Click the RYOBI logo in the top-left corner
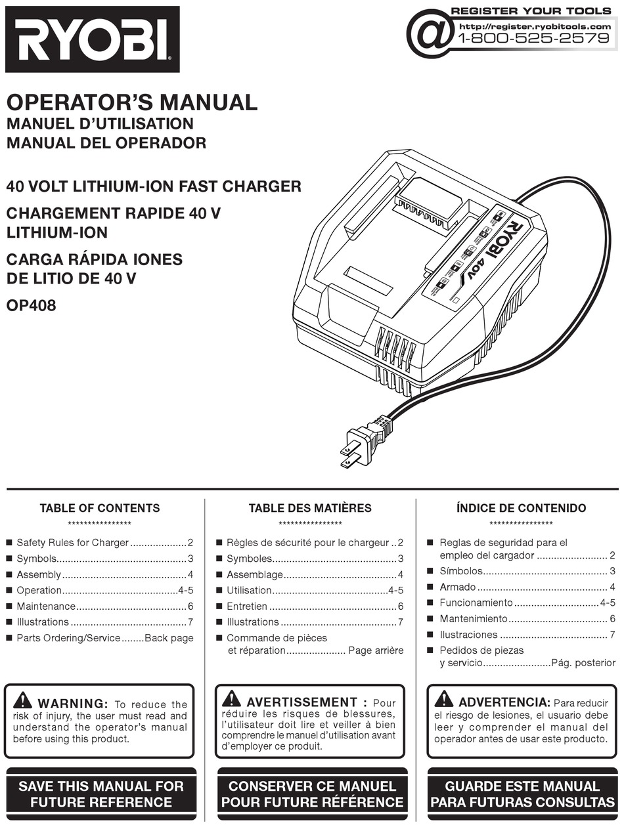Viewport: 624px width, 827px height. [92, 39]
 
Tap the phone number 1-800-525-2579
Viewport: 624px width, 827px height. [533, 38]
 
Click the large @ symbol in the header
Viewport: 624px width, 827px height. [430, 33]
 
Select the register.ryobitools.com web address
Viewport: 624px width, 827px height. [535, 26]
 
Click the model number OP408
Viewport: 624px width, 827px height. [31, 305]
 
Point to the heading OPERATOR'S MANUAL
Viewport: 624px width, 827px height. [131, 102]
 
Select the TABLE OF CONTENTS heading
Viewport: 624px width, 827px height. [100, 508]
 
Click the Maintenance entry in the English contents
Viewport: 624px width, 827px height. [46, 606]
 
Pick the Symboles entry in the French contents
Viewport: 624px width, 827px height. [250, 559]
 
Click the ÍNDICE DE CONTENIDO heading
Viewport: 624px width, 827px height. [521, 508]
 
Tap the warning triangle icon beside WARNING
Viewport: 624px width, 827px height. [22, 700]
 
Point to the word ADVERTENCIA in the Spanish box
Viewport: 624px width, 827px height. [504, 702]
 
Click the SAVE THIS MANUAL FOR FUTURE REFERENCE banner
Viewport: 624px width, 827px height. [101, 794]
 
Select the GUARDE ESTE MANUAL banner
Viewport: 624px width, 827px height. [522, 794]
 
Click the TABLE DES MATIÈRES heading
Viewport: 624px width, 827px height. [310, 508]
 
